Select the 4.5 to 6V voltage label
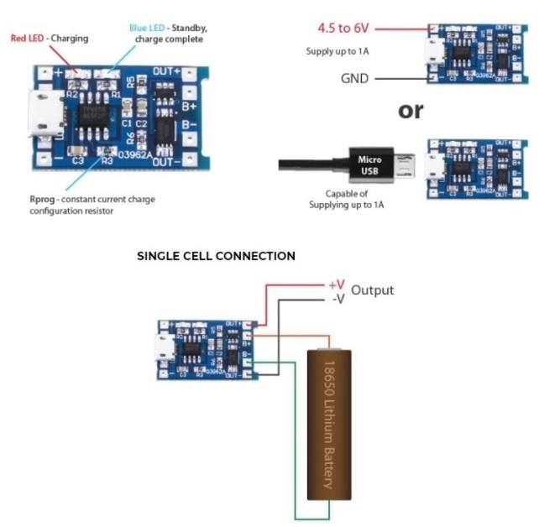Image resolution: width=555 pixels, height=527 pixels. tap(345, 29)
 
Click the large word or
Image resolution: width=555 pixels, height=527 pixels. tap(411, 110)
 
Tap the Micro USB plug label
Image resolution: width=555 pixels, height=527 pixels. tap(370, 164)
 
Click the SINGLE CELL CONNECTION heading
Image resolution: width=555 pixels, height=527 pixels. tap(216, 256)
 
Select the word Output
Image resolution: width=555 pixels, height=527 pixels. tap(372, 291)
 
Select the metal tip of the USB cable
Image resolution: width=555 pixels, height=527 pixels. tap(410, 164)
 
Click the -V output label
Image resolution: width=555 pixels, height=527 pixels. tap(337, 298)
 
